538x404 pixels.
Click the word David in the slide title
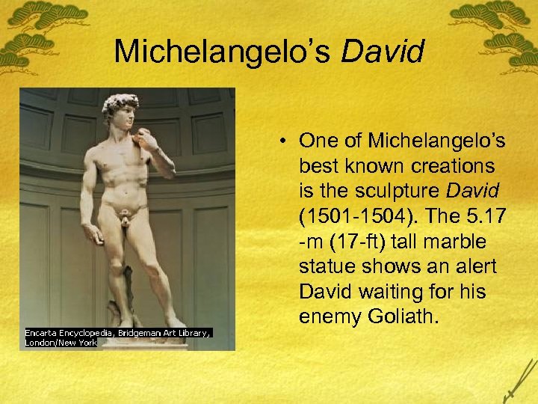(x=383, y=52)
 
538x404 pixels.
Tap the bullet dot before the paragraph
(x=287, y=141)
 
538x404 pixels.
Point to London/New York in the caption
(x=61, y=342)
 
